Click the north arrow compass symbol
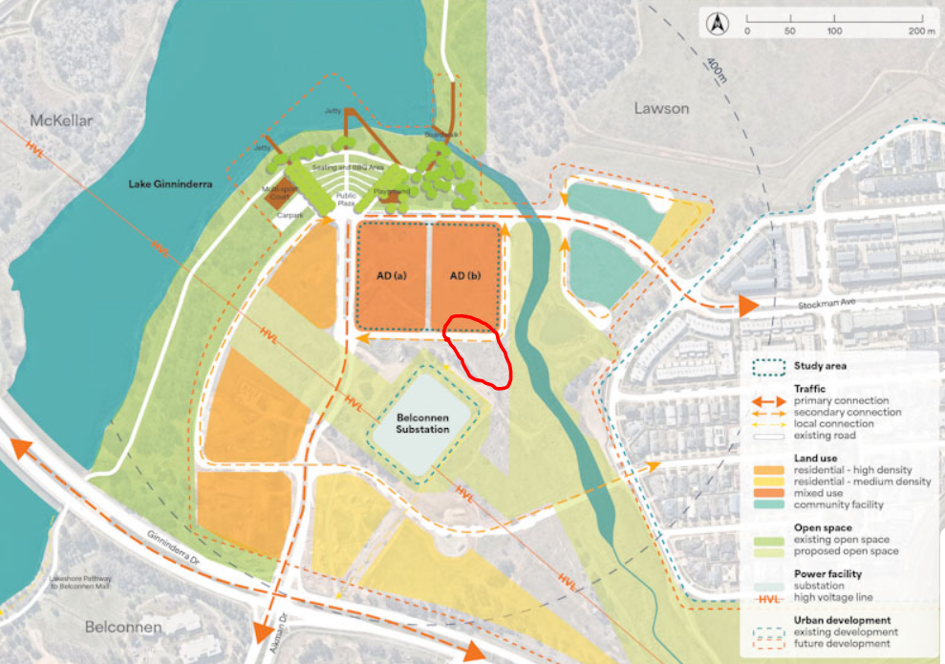pos(714,20)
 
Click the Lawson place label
pos(661,108)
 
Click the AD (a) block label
pos(391,276)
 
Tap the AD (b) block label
pos(463,276)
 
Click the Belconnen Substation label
pos(422,423)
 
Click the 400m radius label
pos(716,69)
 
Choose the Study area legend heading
pos(819,365)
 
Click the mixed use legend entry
pos(820,493)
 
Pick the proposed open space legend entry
pos(845,551)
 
